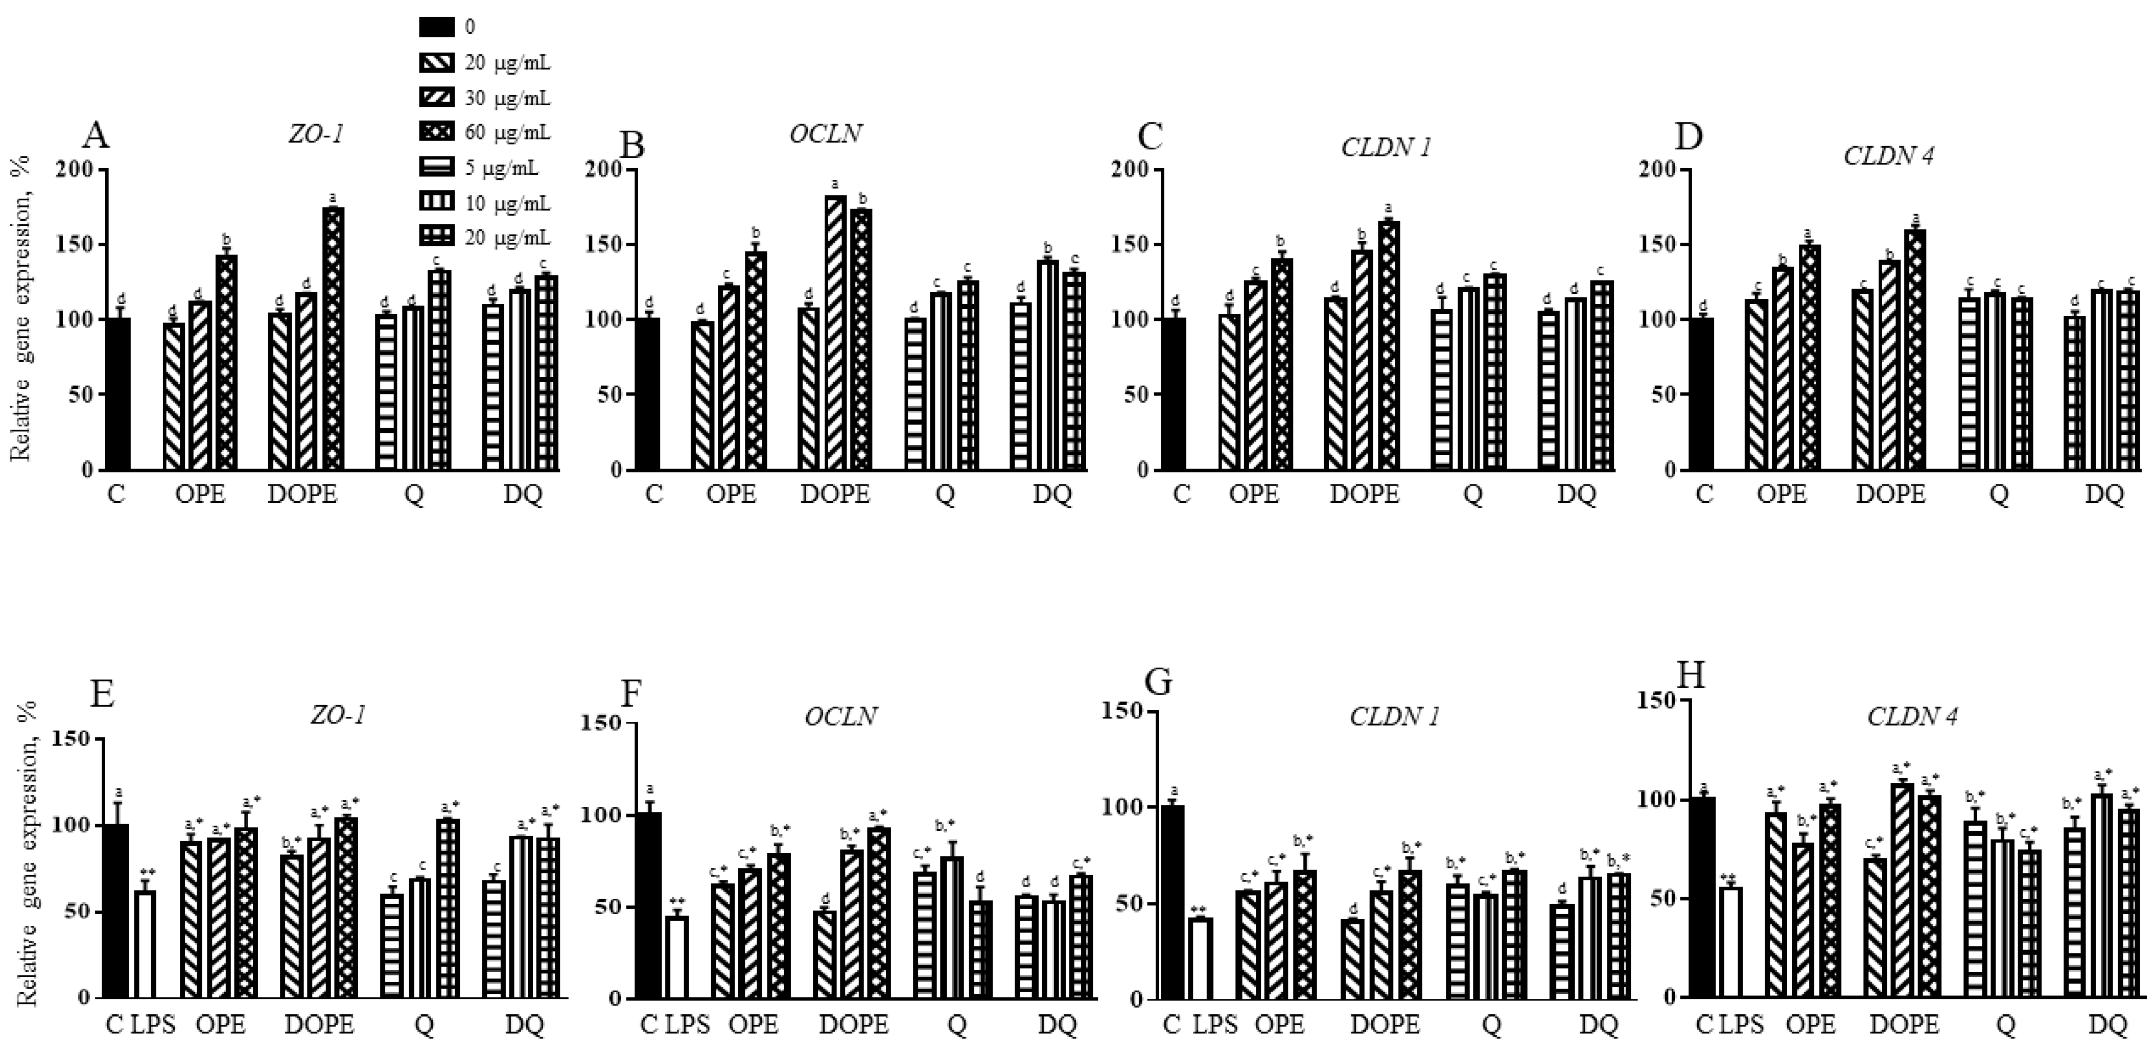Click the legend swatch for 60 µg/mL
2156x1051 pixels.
click(437, 132)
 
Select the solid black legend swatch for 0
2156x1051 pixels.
click(437, 27)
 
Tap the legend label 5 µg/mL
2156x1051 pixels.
click(502, 168)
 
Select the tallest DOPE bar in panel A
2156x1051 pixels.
click(333, 338)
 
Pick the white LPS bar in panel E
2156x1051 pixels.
click(146, 944)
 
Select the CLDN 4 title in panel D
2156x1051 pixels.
click(1888, 156)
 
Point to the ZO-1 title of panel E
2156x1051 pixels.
click(339, 716)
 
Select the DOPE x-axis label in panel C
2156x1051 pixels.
click(1364, 495)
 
